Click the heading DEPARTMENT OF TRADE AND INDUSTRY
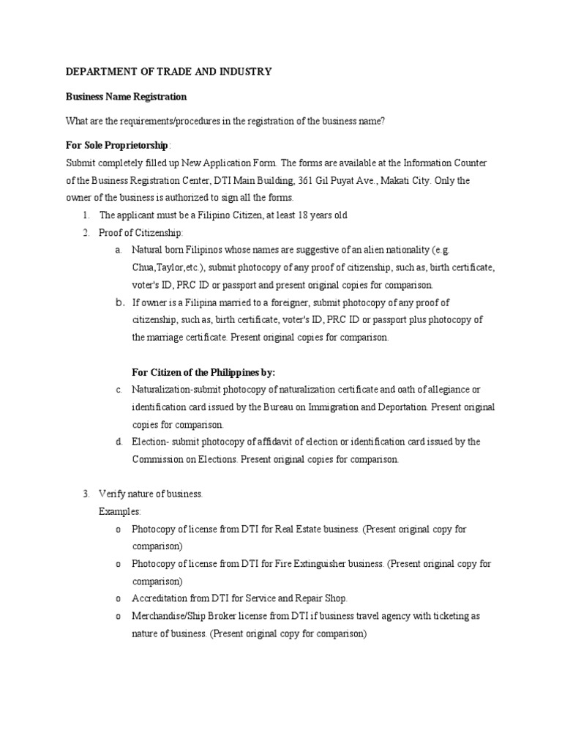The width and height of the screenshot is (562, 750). coord(169,72)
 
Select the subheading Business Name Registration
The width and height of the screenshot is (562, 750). coord(127,97)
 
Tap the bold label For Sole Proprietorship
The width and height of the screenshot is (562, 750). coord(117,145)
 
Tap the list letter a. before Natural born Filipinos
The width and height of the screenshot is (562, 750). coord(118,250)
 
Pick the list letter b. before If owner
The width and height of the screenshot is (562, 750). coord(119,302)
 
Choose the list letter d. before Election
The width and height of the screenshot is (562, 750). coord(118,442)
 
